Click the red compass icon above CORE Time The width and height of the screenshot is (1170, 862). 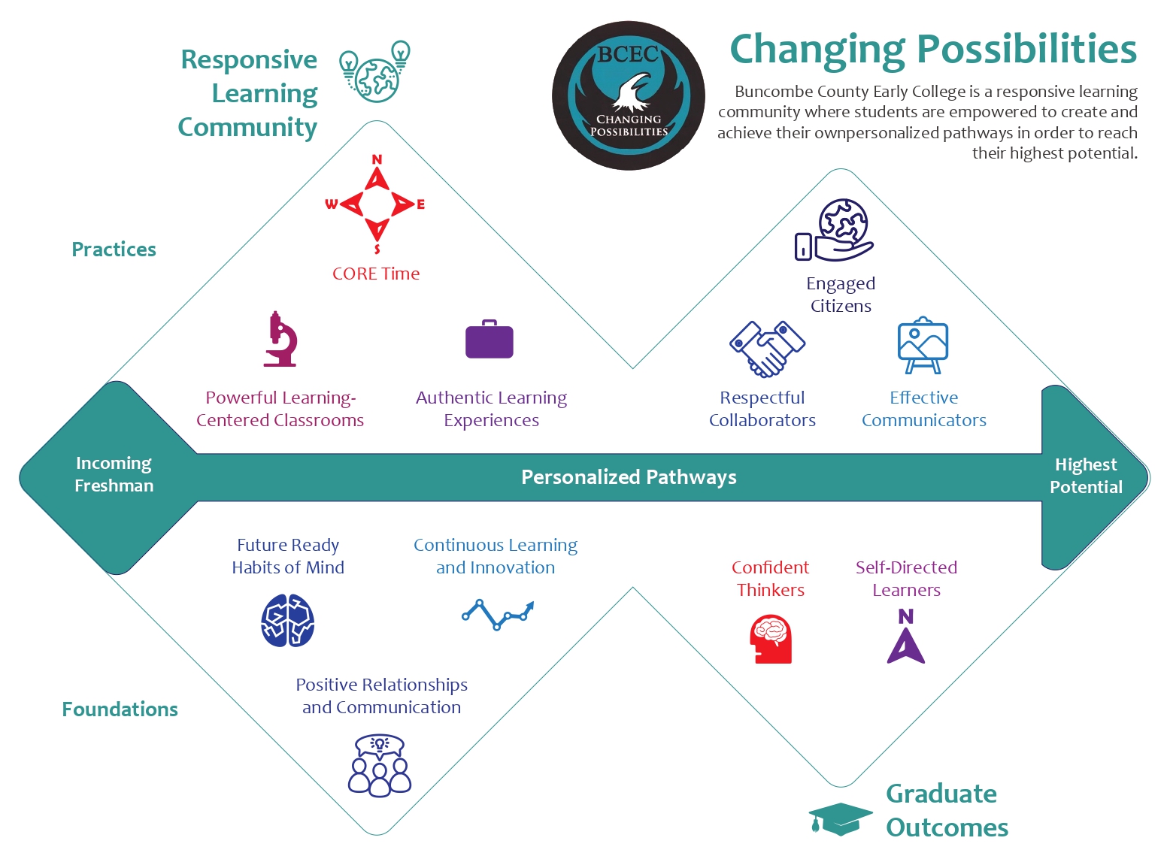pyautogui.click(x=375, y=204)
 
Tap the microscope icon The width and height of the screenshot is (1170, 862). pyautogui.click(x=280, y=339)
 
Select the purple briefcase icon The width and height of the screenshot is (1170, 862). pyautogui.click(x=490, y=339)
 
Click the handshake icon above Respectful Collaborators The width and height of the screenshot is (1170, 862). pyautogui.click(x=767, y=349)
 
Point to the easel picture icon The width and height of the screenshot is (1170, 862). pyautogui.click(x=923, y=345)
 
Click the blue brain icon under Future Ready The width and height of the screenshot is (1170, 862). pyautogui.click(x=288, y=620)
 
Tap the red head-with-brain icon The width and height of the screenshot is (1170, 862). pyautogui.click(x=771, y=639)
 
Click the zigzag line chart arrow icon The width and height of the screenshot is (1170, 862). pyautogui.click(x=498, y=615)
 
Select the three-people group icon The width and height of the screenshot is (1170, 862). pyautogui.click(x=380, y=765)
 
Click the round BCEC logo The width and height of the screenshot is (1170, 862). pyautogui.click(x=629, y=95)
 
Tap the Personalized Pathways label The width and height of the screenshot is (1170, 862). pyautogui.click(x=629, y=477)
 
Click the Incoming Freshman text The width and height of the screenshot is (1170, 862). pyautogui.click(x=114, y=474)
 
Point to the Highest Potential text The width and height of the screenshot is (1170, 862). pyautogui.click(x=1086, y=476)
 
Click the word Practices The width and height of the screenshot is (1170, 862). pyautogui.click(x=114, y=250)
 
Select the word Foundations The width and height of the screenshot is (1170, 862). pyautogui.click(x=120, y=709)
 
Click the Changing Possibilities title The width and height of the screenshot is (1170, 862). pyautogui.click(x=933, y=50)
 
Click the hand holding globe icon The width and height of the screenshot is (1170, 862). pyautogui.click(x=834, y=230)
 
